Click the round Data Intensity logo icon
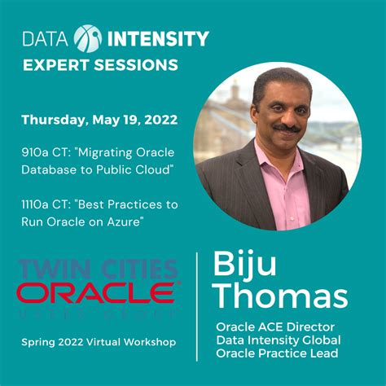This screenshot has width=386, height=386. [87, 38]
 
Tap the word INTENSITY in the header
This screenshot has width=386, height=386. [157, 38]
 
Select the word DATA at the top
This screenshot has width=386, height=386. [46, 38]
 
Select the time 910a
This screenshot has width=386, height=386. [36, 151]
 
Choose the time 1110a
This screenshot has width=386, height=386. [37, 204]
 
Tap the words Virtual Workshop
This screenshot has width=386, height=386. [138, 342]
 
